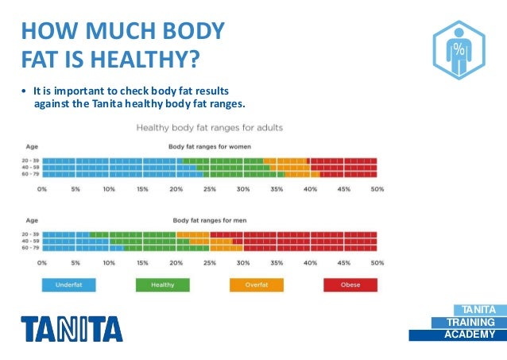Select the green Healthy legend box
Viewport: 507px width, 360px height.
pyautogui.click(x=162, y=285)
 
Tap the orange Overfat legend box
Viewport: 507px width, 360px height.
pyautogui.click(x=256, y=285)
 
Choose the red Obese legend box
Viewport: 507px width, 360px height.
pyautogui.click(x=350, y=285)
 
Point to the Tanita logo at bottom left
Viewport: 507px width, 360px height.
pyautogui.click(x=72, y=327)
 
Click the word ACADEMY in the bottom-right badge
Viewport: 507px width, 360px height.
pyautogui.click(x=470, y=335)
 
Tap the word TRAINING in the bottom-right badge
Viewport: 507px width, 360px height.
pyautogui.click(x=469, y=322)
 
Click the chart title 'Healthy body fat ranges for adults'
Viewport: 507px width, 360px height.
pyautogui.click(x=210, y=127)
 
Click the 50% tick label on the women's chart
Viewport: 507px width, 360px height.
pyautogui.click(x=377, y=189)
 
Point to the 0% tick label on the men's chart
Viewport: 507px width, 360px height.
pyautogui.click(x=42, y=262)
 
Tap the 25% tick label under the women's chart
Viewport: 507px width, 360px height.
pyautogui.click(x=210, y=189)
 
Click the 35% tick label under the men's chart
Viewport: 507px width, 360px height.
pyautogui.click(x=277, y=262)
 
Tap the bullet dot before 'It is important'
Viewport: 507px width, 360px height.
pyautogui.click(x=24, y=90)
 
